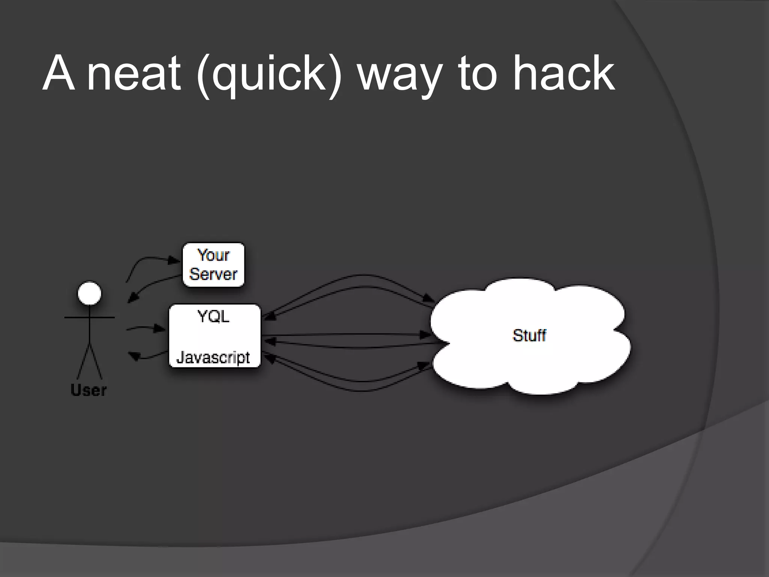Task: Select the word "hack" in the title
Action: (564, 73)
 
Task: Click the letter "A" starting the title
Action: (58, 73)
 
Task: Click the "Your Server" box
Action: (213, 265)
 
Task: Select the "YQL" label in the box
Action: (213, 317)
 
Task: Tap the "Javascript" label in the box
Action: (213, 357)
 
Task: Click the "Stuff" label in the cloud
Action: (529, 335)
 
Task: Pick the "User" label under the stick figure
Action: (89, 390)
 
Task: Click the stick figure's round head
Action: (89, 294)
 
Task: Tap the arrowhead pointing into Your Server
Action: (174, 260)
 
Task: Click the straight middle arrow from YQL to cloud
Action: (345, 334)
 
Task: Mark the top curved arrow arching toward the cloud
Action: (360, 275)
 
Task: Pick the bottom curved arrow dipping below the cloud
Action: (360, 391)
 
